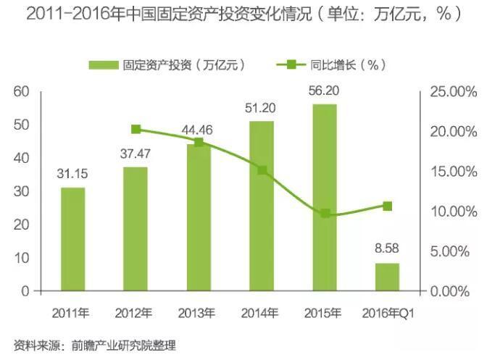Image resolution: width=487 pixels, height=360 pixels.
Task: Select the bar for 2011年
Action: (x=72, y=239)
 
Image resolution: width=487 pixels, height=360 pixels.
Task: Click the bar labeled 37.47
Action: (x=135, y=229)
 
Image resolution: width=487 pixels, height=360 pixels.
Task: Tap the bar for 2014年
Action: (x=262, y=206)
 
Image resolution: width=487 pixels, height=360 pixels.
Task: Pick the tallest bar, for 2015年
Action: (x=325, y=197)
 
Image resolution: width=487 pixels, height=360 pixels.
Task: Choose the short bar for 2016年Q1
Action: (x=387, y=277)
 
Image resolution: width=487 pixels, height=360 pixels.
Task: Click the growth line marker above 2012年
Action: (x=136, y=130)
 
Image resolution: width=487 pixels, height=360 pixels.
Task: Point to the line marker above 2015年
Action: (x=325, y=214)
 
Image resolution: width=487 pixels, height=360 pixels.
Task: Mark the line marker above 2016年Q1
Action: (x=388, y=206)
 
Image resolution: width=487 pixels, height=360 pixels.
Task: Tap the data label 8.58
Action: (x=387, y=248)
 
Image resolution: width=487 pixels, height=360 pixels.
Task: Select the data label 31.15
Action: (x=72, y=173)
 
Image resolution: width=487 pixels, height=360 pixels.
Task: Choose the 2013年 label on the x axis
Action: (x=196, y=313)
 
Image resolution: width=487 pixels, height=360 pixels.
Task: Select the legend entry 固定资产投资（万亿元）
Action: (x=167, y=64)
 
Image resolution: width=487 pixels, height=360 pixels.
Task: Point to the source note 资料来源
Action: (x=95, y=345)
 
